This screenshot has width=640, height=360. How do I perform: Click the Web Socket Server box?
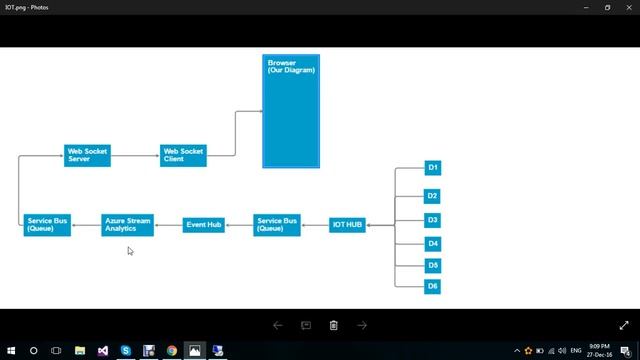point(87,155)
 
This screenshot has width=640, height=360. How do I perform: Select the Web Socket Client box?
point(183,155)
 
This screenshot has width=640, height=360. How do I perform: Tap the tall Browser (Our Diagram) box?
point(291,111)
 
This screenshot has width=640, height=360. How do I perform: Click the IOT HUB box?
point(348,225)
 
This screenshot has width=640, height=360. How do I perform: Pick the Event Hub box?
point(203,225)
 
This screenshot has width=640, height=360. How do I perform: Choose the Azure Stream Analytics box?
point(127,225)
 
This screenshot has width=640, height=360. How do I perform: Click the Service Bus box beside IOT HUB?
point(277,225)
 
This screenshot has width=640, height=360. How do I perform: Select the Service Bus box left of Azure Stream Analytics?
point(48,225)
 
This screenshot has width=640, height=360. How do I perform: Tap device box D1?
point(433,167)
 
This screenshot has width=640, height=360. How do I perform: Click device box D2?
point(433,196)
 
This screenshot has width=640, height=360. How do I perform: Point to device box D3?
point(433,220)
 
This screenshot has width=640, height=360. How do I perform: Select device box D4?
point(433,243)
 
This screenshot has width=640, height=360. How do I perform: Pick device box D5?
point(433,265)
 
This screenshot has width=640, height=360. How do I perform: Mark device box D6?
point(433,286)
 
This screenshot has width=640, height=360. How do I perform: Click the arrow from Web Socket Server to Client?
point(135,156)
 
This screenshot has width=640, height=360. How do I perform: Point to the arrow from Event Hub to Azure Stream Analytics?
point(168,225)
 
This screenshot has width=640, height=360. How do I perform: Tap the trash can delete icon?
point(334,325)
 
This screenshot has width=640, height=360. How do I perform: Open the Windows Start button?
point(10,351)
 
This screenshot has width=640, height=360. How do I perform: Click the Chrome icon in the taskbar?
point(172,351)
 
